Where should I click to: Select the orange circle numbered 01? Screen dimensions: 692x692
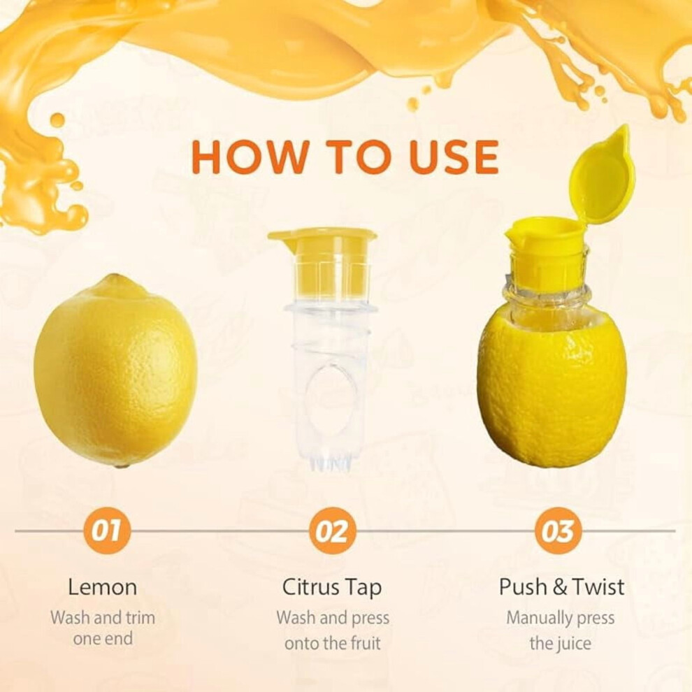click(x=106, y=531)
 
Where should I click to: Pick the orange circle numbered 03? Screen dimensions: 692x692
click(x=558, y=531)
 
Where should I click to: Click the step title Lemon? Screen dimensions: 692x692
click(x=102, y=587)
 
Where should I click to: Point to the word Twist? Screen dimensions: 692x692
click(x=599, y=587)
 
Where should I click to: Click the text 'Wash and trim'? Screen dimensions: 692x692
click(x=103, y=617)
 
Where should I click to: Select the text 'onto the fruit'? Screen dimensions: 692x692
click(x=332, y=643)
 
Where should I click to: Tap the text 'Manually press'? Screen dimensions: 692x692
click(x=561, y=619)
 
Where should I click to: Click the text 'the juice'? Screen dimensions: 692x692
click(x=561, y=643)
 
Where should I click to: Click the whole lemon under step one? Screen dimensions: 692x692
click(x=115, y=370)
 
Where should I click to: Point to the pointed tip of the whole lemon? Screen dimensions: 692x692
click(x=114, y=278)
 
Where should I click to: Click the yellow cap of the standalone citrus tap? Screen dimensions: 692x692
click(x=322, y=261)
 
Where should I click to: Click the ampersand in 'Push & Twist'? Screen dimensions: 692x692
click(x=560, y=587)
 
